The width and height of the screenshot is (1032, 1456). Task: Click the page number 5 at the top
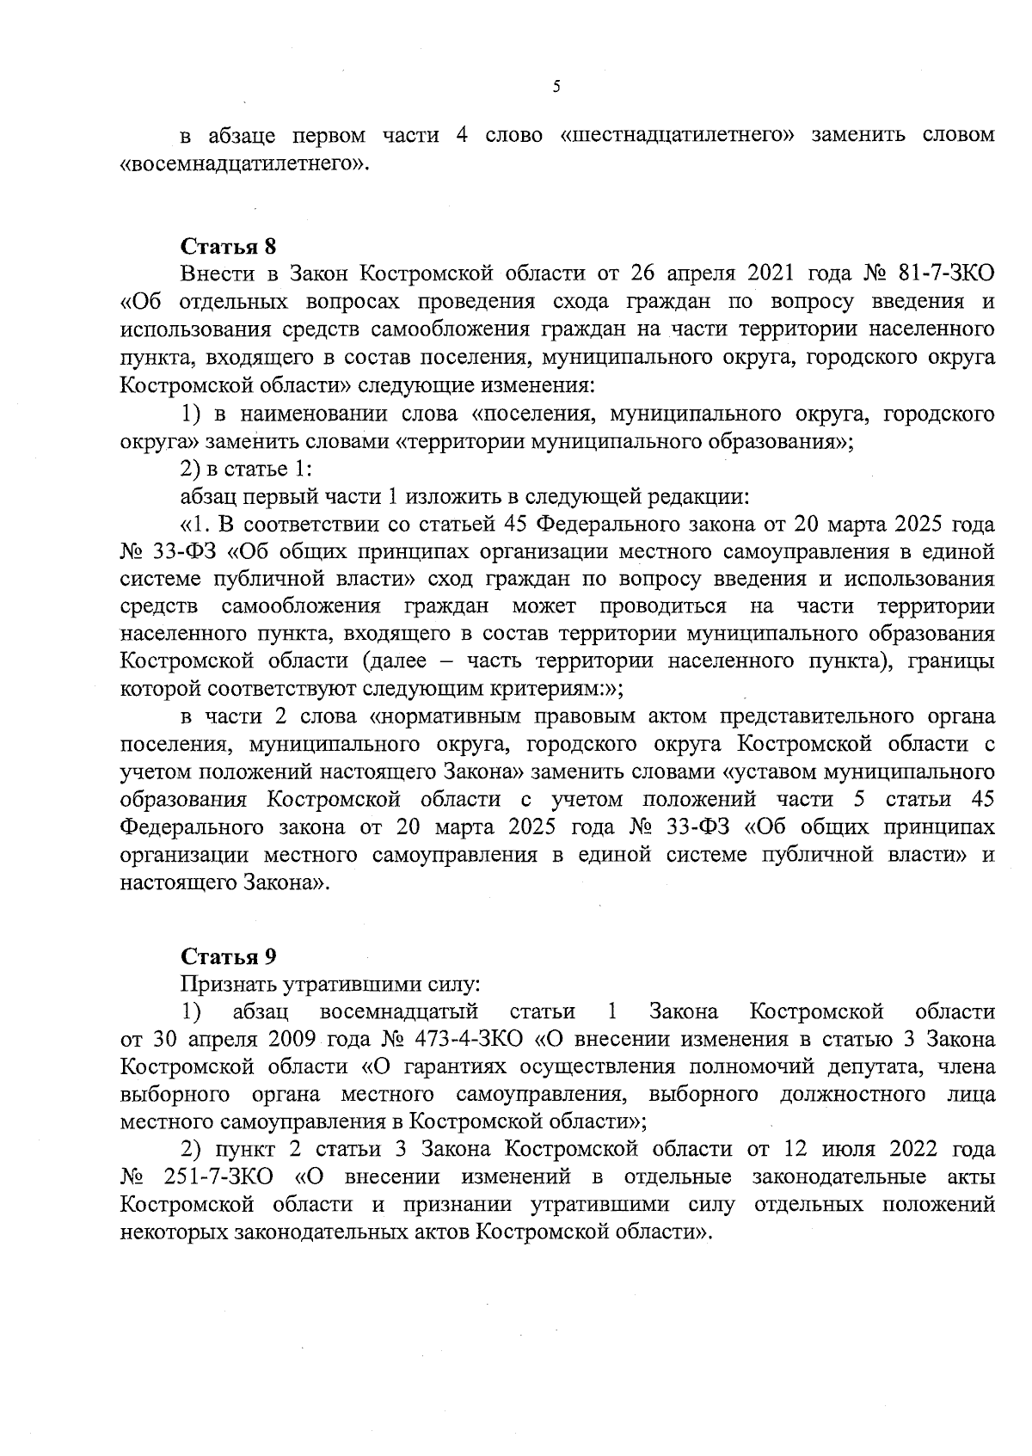[556, 86]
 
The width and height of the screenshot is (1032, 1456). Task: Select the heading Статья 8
[228, 246]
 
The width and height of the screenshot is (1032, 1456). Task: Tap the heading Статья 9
[228, 956]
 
